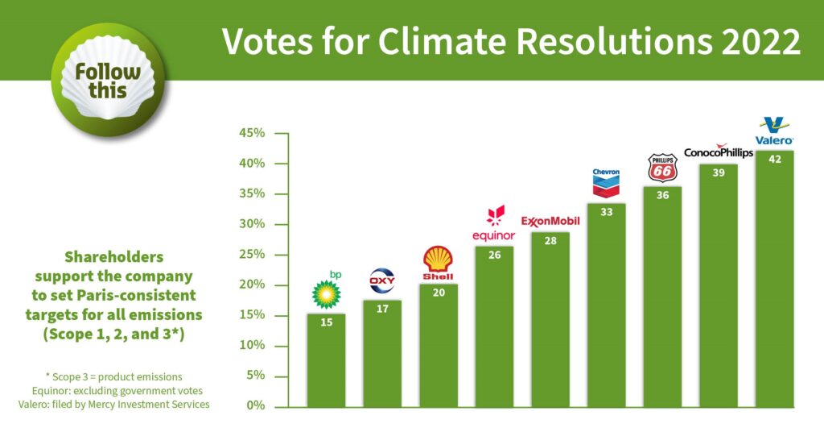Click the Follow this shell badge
click(108, 81)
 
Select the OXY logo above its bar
click(382, 281)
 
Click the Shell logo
click(439, 264)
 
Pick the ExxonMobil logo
click(550, 221)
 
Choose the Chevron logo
click(606, 184)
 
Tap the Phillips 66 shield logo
click(662, 168)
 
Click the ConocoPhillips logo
click(718, 152)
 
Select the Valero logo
click(774, 131)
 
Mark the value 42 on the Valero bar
click(774, 160)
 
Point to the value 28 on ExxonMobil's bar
click(550, 240)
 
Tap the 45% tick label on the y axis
click(252, 133)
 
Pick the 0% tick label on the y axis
click(255, 406)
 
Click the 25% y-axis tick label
click(252, 255)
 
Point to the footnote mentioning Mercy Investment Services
click(113, 405)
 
